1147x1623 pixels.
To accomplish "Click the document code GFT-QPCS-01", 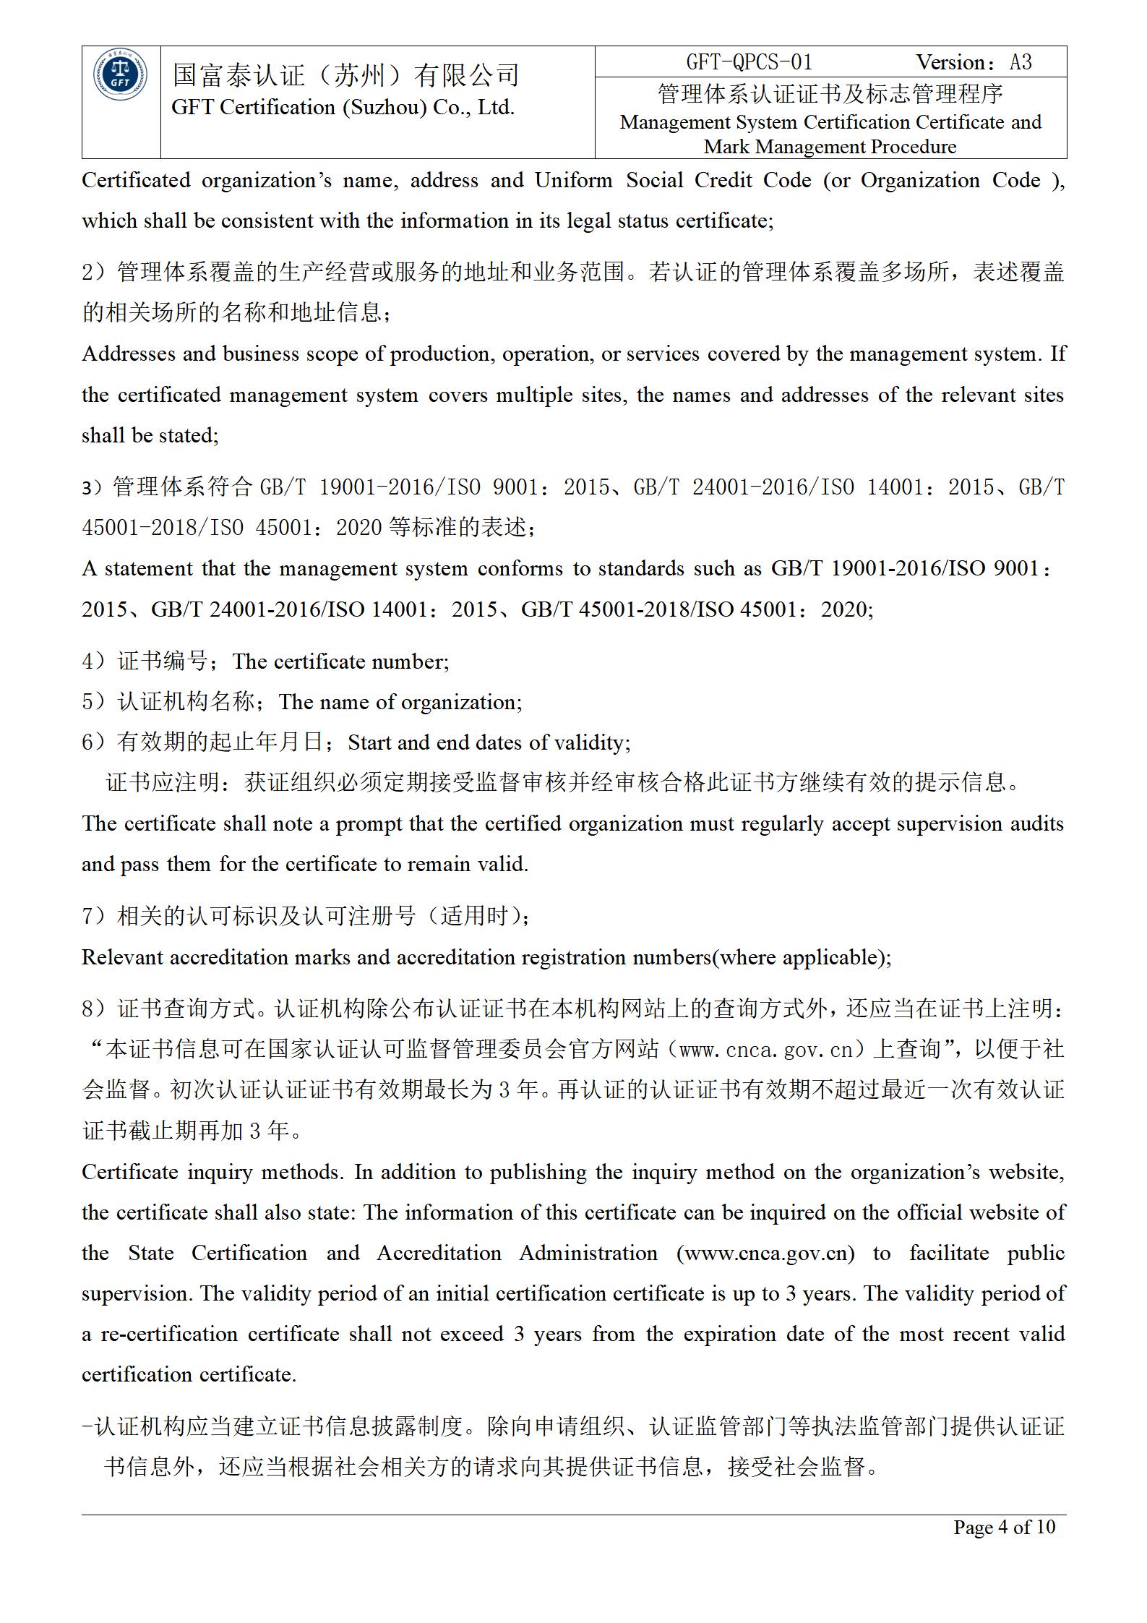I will point(749,62).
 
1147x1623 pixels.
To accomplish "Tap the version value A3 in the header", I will point(1021,62).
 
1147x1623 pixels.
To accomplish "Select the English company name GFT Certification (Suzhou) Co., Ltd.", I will point(343,108).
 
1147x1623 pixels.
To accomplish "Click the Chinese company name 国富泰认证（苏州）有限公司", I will point(346,74).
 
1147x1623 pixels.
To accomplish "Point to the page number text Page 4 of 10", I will point(1004,1526).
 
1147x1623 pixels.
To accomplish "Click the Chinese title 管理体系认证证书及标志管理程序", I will point(830,94).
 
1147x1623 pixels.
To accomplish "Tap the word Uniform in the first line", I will point(573,180).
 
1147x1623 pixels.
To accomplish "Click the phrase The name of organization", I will point(399,702).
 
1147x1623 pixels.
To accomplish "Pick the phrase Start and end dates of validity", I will point(488,742).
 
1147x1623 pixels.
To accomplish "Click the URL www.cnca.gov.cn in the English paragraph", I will point(765,1253).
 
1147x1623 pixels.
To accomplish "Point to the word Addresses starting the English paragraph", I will point(129,354).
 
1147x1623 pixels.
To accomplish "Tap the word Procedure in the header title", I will point(914,147).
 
